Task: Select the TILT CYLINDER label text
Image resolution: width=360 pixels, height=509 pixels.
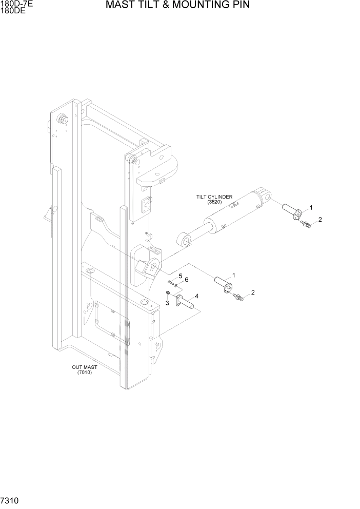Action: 214,197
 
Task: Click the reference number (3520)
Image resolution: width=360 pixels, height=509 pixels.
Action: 214,202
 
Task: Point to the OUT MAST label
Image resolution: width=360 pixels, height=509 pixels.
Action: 85,367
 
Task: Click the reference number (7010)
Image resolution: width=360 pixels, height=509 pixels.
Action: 85,373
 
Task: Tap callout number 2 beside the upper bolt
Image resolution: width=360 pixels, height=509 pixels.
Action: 320,220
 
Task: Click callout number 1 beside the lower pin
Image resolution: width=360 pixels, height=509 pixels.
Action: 233,276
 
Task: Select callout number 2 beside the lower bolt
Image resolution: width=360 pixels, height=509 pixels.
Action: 253,292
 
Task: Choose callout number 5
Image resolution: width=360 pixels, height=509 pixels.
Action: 180,276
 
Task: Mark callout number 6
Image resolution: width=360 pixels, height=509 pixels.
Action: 187,280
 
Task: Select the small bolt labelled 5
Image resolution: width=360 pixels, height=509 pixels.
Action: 170,283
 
